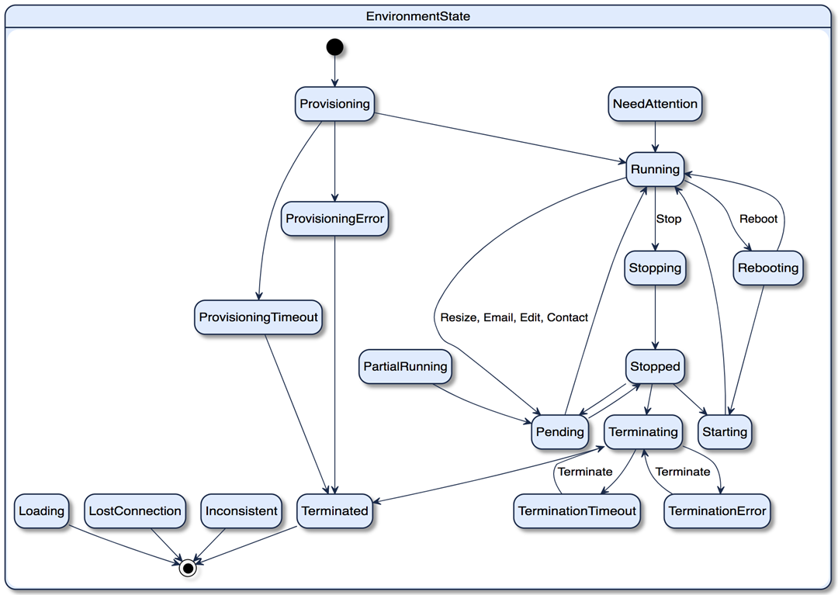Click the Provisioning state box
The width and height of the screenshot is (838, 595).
tap(334, 104)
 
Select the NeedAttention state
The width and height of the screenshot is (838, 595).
tap(655, 104)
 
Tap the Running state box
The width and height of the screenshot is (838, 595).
tap(655, 169)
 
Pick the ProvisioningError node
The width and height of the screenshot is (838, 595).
tap(334, 219)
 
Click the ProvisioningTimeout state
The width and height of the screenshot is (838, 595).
tap(258, 317)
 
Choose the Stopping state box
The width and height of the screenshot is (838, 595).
tap(655, 268)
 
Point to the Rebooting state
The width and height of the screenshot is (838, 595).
tap(768, 268)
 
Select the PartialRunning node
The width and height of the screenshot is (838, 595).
tap(405, 366)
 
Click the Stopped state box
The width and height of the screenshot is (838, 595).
tap(655, 366)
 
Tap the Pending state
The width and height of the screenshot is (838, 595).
tap(559, 431)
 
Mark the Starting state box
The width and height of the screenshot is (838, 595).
tap(725, 431)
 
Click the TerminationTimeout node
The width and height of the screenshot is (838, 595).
tap(577, 511)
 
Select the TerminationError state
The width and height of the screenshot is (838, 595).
tap(717, 511)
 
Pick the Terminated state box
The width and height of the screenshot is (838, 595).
tap(334, 511)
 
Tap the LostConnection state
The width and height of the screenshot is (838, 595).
tap(135, 511)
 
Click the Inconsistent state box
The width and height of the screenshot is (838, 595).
tap(241, 511)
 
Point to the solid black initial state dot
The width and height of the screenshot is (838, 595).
tap(334, 47)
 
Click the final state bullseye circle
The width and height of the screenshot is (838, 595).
tap(187, 568)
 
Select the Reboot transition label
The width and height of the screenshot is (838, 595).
tap(758, 219)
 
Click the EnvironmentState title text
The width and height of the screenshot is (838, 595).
tap(418, 16)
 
